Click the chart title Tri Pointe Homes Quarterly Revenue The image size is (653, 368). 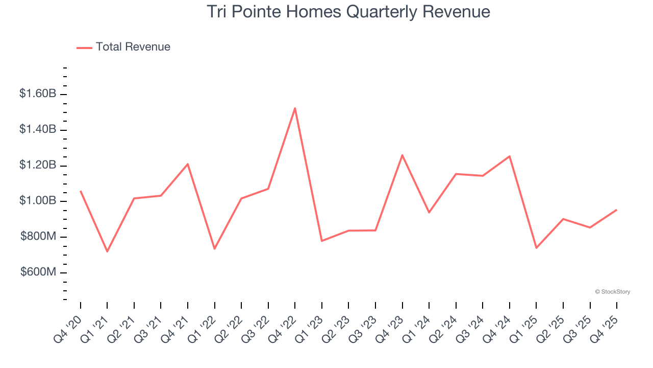coord(348,12)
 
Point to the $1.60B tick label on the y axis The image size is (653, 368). coord(38,94)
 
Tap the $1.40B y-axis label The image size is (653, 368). coord(38,130)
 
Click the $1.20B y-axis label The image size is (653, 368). coord(38,166)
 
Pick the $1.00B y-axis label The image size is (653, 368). coord(38,201)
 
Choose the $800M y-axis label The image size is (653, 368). coord(38,237)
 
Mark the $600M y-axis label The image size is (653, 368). coord(38,272)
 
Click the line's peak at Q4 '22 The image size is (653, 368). coord(295,108)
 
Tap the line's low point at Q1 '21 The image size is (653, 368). coord(107,251)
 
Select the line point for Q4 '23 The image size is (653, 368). coord(402,155)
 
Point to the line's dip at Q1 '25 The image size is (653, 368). coord(536,248)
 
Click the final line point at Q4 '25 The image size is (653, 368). coord(616,210)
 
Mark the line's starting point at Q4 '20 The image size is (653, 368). coord(81,191)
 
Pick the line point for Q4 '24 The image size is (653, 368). coord(510,156)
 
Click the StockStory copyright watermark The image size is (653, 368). coord(612,292)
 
